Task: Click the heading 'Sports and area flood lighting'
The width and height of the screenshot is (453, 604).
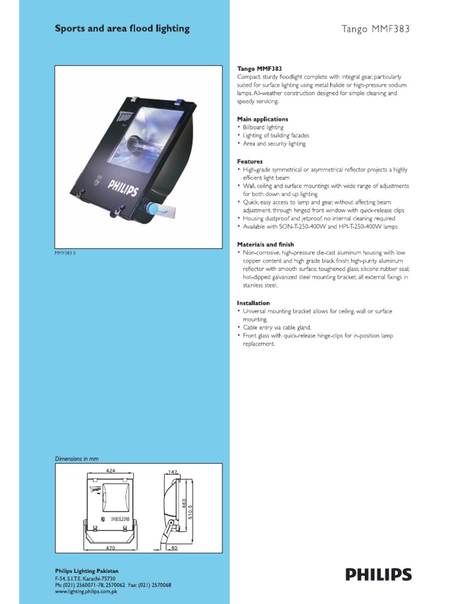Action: [x=122, y=28]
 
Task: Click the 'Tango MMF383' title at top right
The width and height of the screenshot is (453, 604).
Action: [x=376, y=28]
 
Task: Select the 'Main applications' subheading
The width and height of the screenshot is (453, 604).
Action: [x=262, y=119]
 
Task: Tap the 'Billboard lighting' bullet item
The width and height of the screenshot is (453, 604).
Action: [x=263, y=127]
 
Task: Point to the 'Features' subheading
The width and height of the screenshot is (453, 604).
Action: [x=250, y=162]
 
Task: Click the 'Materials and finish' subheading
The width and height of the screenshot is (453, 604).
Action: [x=266, y=244]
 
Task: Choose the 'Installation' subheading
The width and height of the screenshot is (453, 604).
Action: [x=254, y=303]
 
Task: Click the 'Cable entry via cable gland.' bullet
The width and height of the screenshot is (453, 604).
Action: [x=277, y=327]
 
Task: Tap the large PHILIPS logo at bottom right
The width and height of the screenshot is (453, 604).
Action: [x=379, y=575]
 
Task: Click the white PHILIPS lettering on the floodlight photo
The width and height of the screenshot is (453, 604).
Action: [x=123, y=188]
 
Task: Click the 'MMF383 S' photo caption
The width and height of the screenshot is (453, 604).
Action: [x=65, y=254]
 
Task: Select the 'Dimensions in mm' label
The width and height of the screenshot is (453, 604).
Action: [x=77, y=458]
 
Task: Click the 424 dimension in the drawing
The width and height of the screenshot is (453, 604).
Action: [x=110, y=471]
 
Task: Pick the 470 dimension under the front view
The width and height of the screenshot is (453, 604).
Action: [x=110, y=548]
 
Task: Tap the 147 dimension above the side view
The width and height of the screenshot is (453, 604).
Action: [x=173, y=472]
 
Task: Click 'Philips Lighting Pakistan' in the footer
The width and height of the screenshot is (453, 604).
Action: [x=87, y=571]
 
